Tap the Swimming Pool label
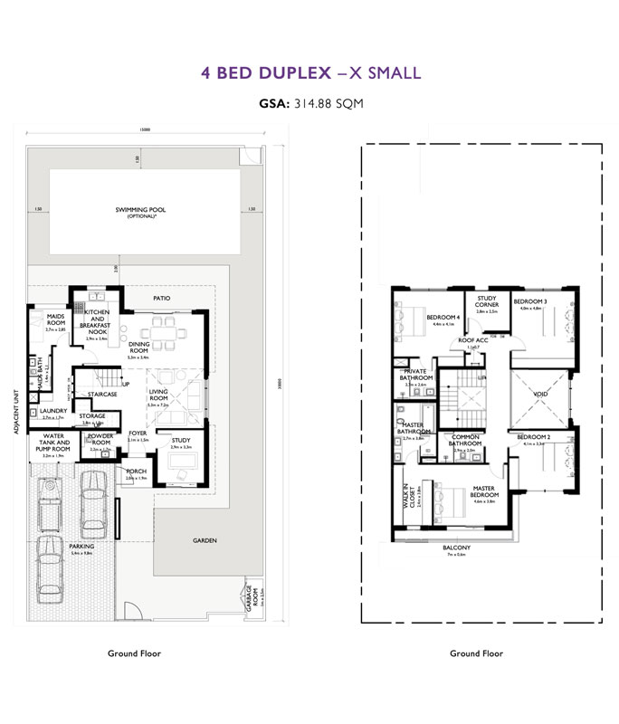click(x=141, y=212)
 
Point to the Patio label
click(x=162, y=298)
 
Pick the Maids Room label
click(x=56, y=319)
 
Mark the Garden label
click(x=205, y=540)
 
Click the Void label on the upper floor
click(x=541, y=395)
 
